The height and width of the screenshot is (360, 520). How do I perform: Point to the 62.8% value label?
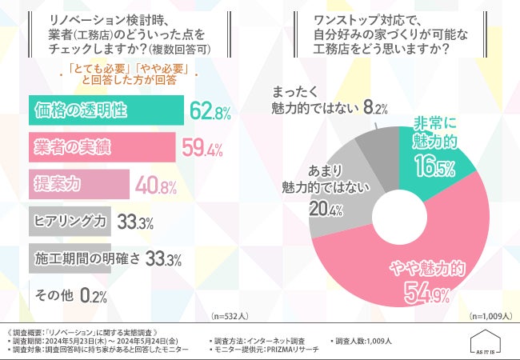point(210,112)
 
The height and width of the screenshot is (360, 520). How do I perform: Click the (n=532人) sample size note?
point(232,316)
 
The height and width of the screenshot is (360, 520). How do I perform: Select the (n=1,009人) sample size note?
point(490,316)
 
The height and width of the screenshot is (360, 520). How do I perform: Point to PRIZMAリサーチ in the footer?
point(285,350)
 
